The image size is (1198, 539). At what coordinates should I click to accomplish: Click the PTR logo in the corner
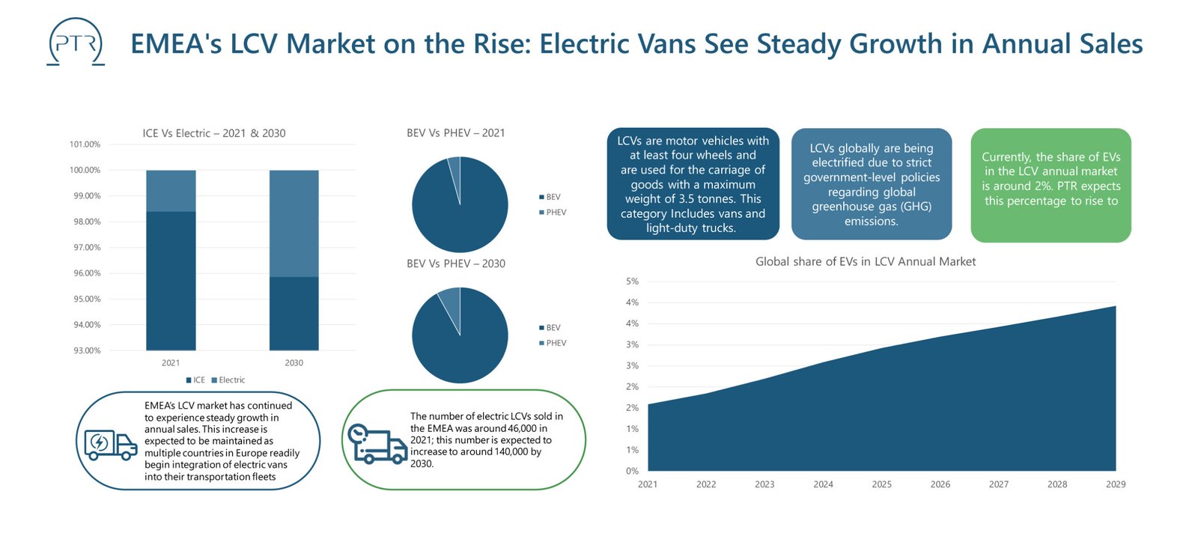(76, 43)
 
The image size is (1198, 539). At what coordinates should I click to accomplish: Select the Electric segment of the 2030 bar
(294, 223)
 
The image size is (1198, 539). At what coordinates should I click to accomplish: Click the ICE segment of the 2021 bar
(171, 281)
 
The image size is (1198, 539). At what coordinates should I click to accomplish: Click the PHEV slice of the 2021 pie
(454, 168)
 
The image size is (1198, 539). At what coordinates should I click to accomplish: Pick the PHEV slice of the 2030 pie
(450, 302)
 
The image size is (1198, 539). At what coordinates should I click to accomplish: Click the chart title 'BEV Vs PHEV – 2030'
(456, 264)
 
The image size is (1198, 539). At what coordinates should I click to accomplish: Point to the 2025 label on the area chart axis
(881, 484)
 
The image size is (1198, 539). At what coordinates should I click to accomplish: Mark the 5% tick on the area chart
(632, 281)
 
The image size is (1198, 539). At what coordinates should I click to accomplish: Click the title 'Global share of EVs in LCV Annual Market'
(865, 261)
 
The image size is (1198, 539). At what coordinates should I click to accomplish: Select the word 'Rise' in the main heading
(502, 44)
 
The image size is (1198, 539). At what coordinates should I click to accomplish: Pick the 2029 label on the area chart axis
(1115, 484)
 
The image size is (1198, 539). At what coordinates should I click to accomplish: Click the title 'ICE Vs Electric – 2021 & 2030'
(214, 133)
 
